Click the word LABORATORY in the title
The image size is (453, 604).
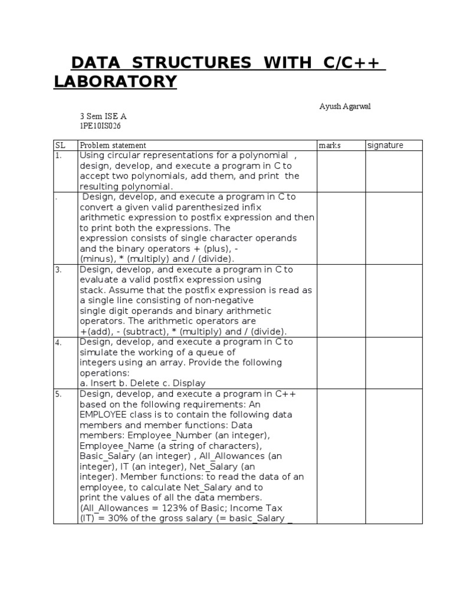(115, 82)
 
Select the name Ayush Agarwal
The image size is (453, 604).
(345, 106)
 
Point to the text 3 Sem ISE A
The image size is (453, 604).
(103, 116)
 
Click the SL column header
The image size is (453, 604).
(60, 145)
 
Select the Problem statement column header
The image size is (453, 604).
(113, 145)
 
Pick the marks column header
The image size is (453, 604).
(330, 145)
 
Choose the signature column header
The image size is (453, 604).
(386, 145)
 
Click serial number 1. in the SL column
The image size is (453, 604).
(58, 156)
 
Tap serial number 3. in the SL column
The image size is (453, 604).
(58, 270)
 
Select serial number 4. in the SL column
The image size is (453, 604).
(58, 342)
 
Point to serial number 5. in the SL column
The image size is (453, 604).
(58, 394)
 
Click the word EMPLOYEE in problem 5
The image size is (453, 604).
(104, 415)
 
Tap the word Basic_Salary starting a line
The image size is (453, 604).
(107, 457)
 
